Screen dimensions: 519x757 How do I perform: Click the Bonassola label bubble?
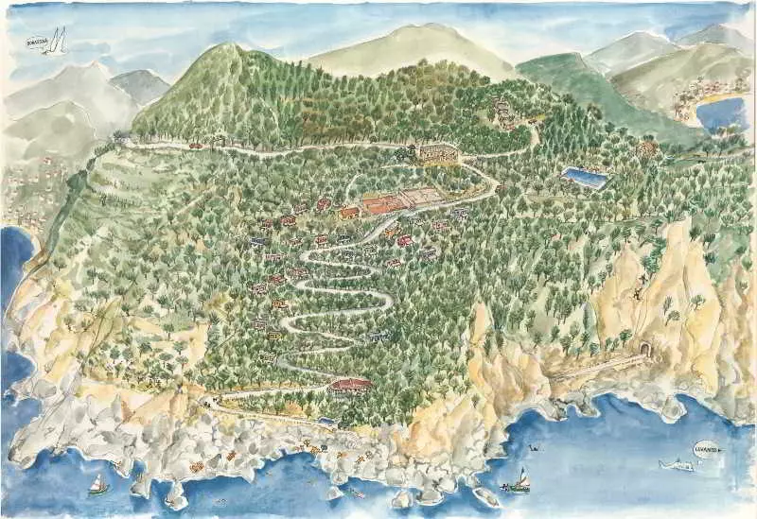pyautogui.click(x=38, y=42)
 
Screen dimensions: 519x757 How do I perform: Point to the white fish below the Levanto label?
pyautogui.click(x=678, y=464)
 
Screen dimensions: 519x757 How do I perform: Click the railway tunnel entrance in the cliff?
pyautogui.click(x=645, y=350)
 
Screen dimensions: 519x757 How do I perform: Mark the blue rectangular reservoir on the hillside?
pyautogui.click(x=583, y=177)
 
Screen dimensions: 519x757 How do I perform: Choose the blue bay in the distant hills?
pyautogui.click(x=721, y=112)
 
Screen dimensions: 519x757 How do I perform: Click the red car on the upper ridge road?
pyautogui.click(x=196, y=146)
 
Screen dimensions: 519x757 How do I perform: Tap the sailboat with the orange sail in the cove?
pyautogui.click(x=519, y=479)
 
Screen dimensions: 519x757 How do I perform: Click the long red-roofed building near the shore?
pyautogui.click(x=351, y=385)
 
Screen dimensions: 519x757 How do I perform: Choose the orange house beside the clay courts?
pyautogui.click(x=349, y=213)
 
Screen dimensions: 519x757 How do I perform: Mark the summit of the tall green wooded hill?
pyautogui.click(x=227, y=49)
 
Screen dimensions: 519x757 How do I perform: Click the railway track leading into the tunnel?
pyautogui.click(x=596, y=368)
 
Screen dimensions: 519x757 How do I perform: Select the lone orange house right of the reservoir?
pyautogui.click(x=647, y=148)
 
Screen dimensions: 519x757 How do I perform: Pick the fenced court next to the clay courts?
pyautogui.click(x=421, y=197)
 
